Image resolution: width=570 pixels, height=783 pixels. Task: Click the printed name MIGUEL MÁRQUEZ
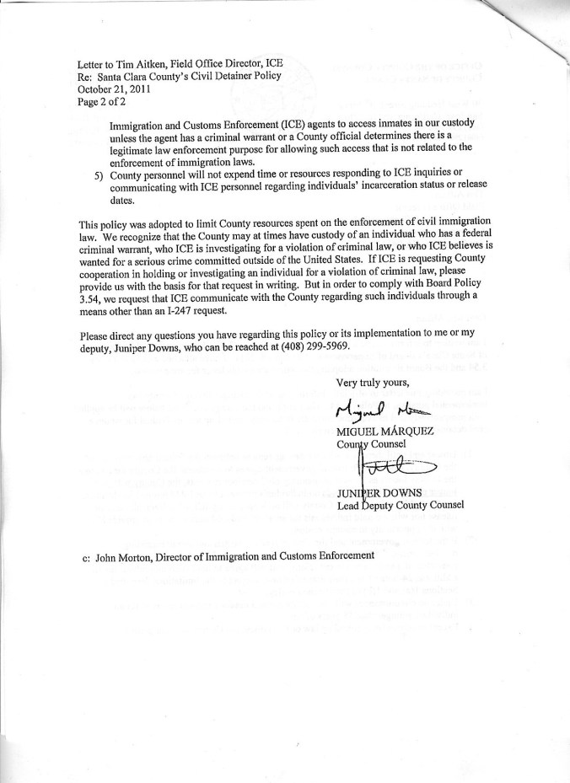384,432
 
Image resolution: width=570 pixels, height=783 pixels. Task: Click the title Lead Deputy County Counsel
400,505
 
